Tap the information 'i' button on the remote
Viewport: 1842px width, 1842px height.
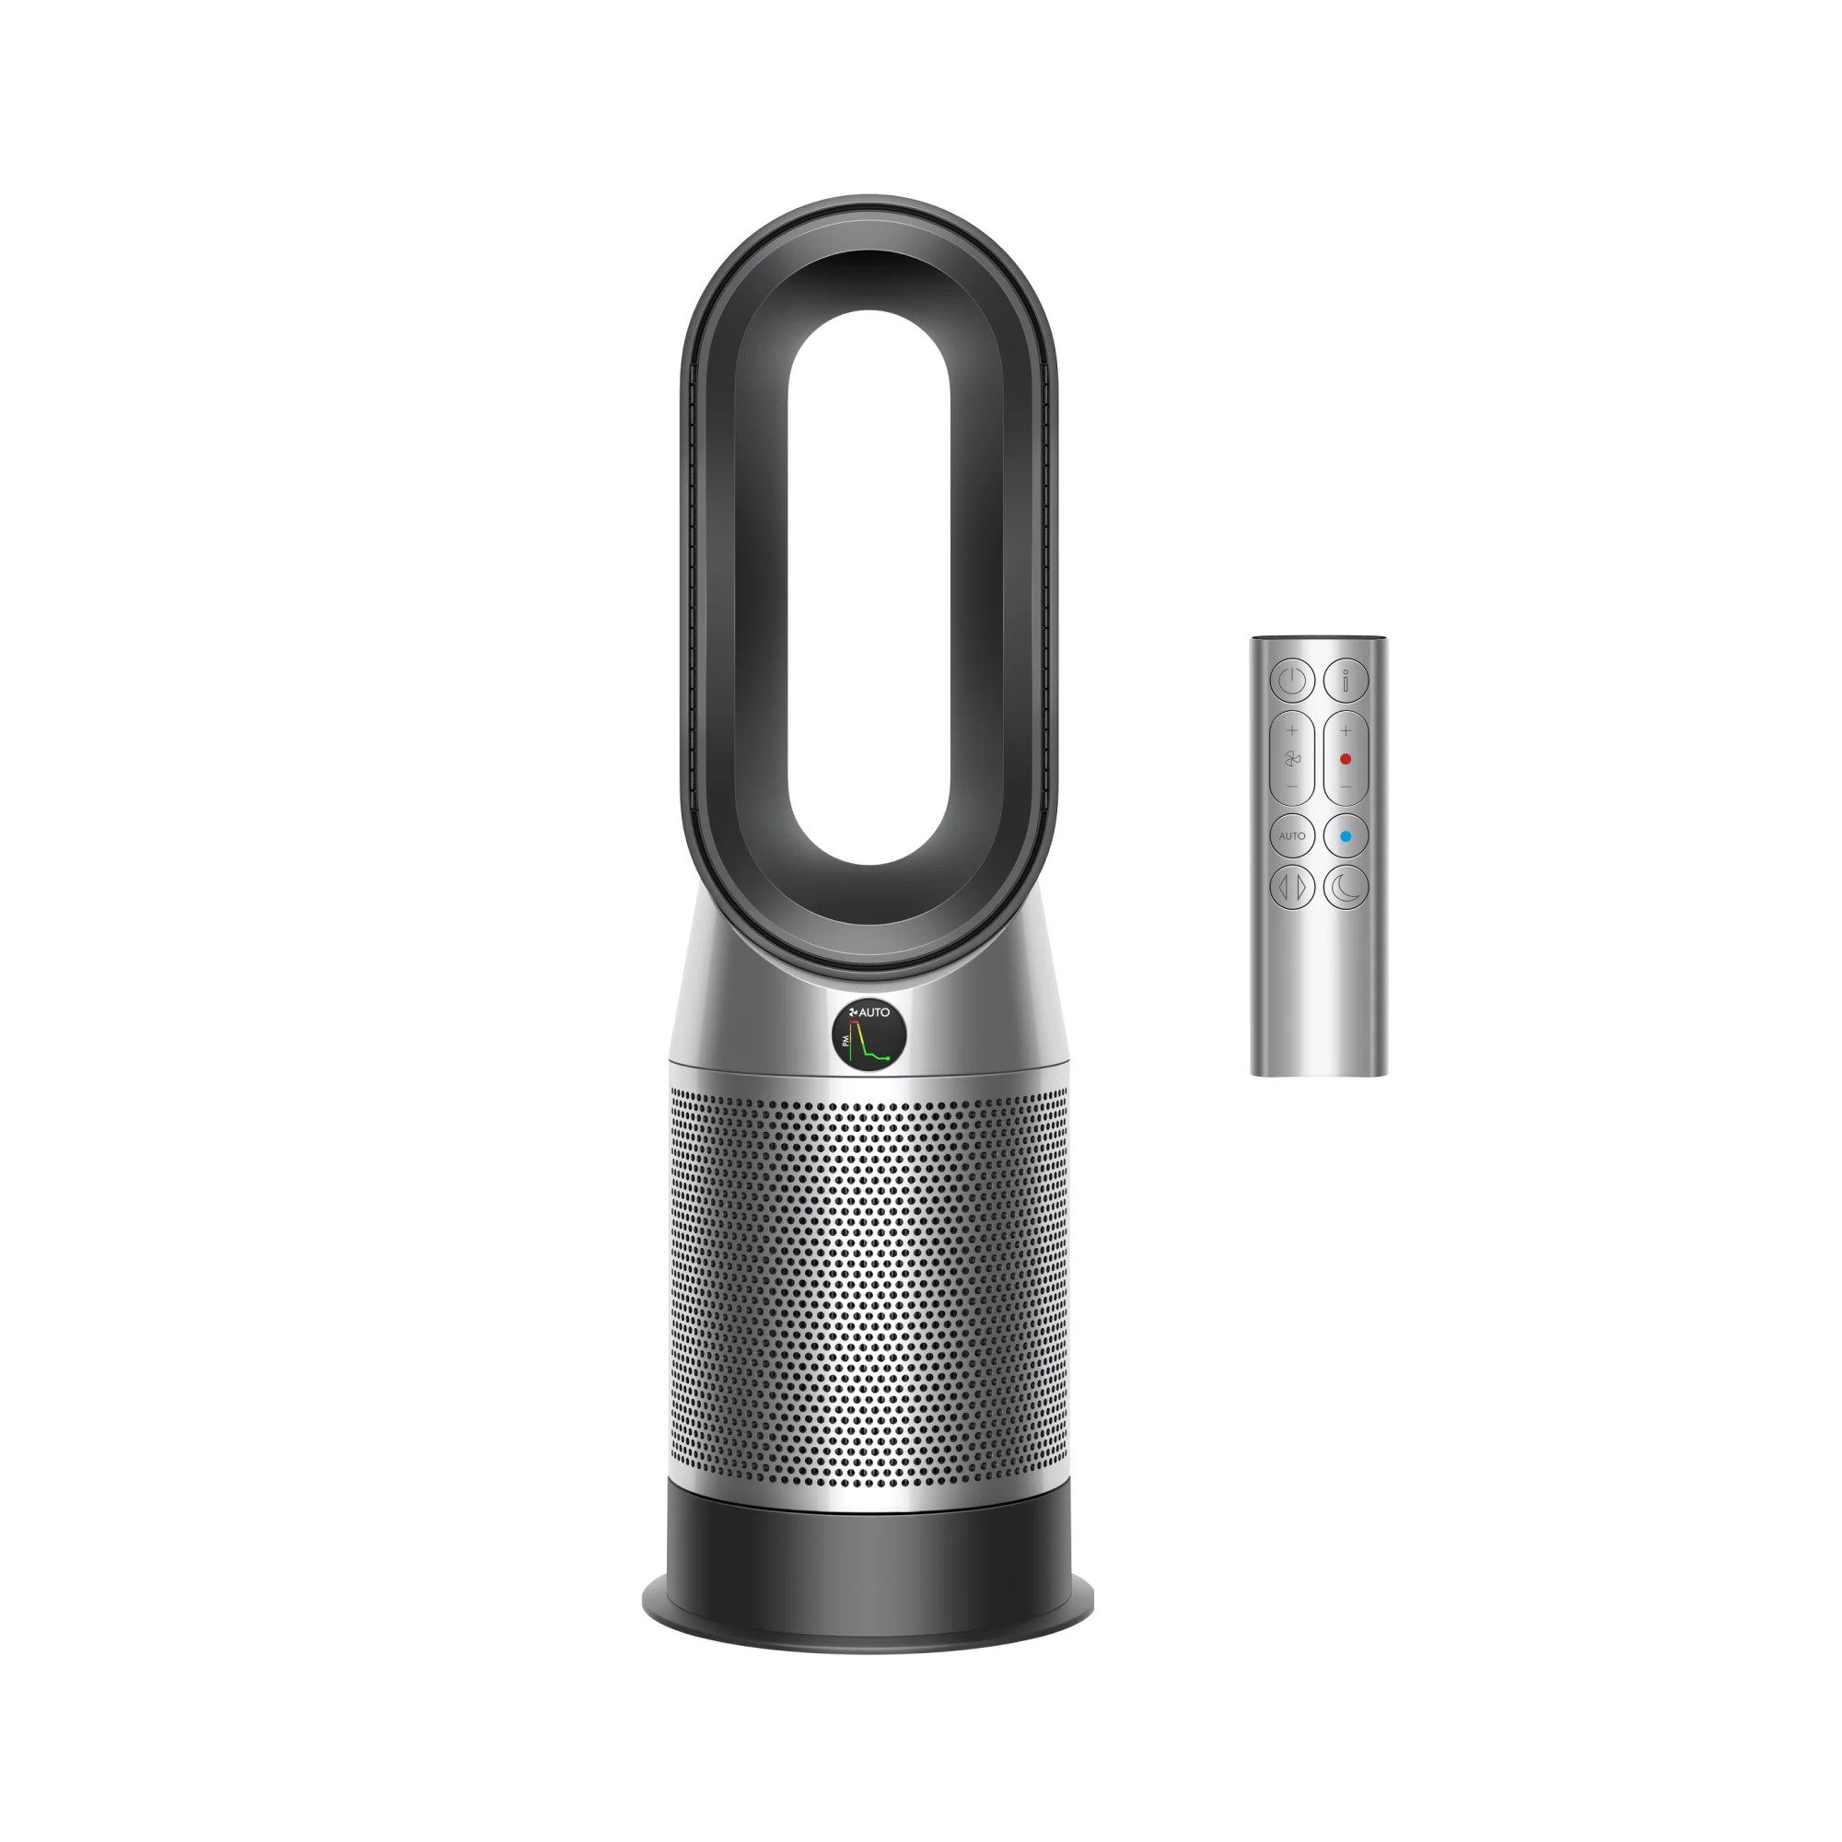tap(1346, 681)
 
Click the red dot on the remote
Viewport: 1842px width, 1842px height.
tap(1346, 759)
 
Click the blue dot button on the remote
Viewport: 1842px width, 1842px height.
tap(1346, 836)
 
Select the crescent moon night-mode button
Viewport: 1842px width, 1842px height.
tap(1346, 887)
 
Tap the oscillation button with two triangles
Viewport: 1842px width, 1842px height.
tap(1292, 887)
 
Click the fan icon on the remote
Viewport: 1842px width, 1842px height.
tap(1292, 759)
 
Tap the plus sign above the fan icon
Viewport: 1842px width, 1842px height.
tap(1292, 731)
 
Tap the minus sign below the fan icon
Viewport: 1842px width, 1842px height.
tap(1292, 787)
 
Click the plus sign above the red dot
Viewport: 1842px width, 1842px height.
tap(1346, 731)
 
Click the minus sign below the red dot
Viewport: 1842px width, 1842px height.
tap(1346, 787)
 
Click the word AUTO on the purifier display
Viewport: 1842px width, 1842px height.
tap(874, 1012)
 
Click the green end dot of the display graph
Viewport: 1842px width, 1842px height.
tap(889, 1058)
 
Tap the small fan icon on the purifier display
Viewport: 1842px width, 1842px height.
tap(854, 1012)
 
